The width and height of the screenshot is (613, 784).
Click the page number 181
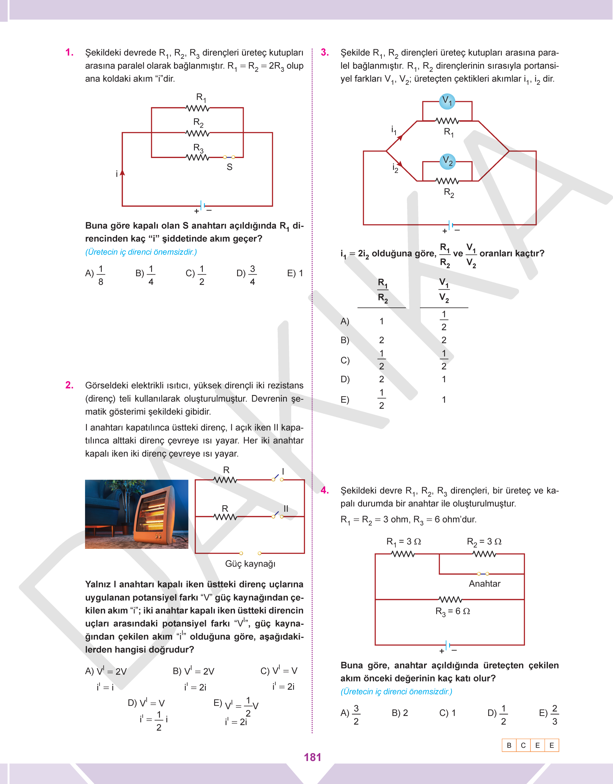tap(312, 757)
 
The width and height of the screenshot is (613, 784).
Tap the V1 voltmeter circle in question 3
tap(447, 101)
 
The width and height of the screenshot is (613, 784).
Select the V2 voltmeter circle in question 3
tap(447, 161)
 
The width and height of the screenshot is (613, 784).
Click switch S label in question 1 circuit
tap(229, 167)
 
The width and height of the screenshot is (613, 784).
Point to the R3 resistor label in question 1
tap(198, 148)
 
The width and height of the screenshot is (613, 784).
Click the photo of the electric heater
tap(136, 514)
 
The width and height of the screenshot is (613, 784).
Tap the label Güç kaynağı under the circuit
tap(250, 563)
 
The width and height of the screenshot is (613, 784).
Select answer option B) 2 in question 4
tap(399, 713)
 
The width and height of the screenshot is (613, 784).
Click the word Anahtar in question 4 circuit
tap(484, 583)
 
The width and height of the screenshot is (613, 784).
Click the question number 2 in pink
tap(69, 385)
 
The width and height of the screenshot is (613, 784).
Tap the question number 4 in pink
tap(325, 490)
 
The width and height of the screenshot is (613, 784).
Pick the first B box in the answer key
tap(509, 745)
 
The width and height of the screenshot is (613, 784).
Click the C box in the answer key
tap(523, 745)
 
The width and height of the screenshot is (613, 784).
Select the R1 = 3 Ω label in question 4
tap(403, 541)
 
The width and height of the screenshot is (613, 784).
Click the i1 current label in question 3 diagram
tap(394, 130)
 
